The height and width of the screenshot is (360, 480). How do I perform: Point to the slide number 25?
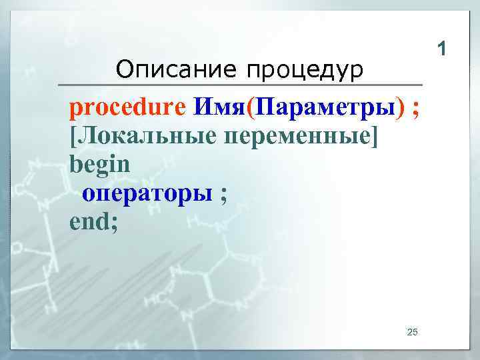tap(411, 332)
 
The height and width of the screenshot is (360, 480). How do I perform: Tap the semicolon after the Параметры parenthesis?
tap(416, 108)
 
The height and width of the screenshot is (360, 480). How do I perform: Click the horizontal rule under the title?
tap(240, 85)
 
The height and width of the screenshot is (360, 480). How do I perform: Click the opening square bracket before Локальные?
tap(73, 136)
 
